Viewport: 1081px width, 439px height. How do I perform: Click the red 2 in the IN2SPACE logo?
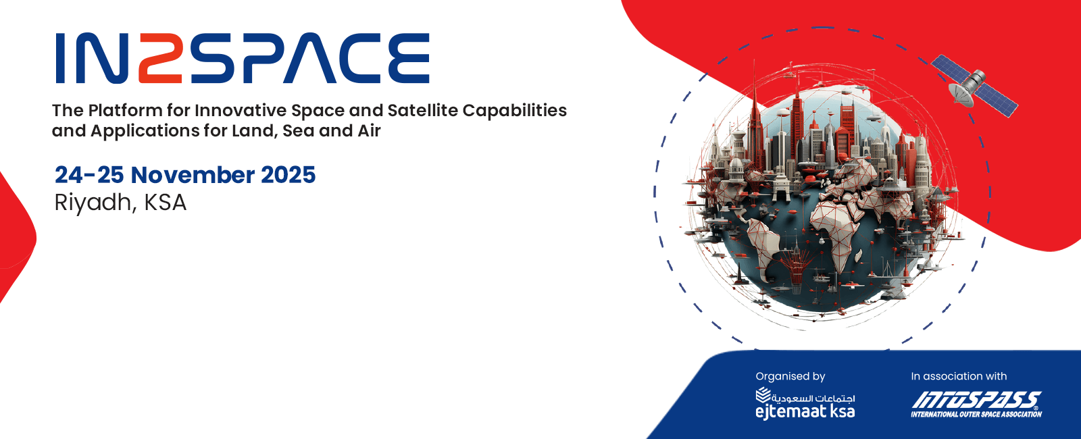pos(159,58)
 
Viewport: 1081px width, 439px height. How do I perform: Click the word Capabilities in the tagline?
pos(515,111)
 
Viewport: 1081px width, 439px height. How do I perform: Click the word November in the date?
pos(193,175)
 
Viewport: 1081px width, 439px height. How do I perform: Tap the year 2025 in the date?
pos(288,175)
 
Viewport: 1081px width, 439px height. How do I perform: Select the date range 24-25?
pos(89,175)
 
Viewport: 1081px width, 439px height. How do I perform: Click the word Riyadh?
pos(92,203)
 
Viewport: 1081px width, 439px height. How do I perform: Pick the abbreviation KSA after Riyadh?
pos(165,202)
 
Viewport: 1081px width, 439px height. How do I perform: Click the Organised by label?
pos(790,376)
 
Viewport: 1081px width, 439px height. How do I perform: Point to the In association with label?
pos(959,376)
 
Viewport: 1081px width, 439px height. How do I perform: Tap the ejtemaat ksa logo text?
pos(805,411)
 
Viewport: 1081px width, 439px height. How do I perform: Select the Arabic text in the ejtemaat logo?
pos(813,398)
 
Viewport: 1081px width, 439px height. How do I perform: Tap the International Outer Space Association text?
pos(976,414)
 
